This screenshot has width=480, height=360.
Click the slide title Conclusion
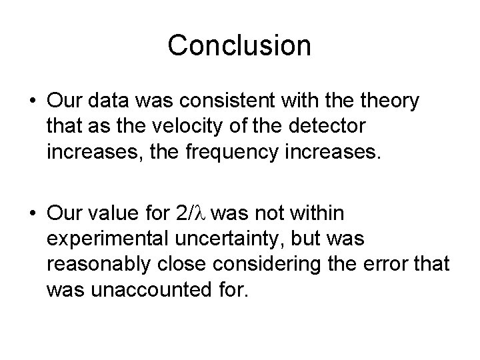[239, 45]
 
